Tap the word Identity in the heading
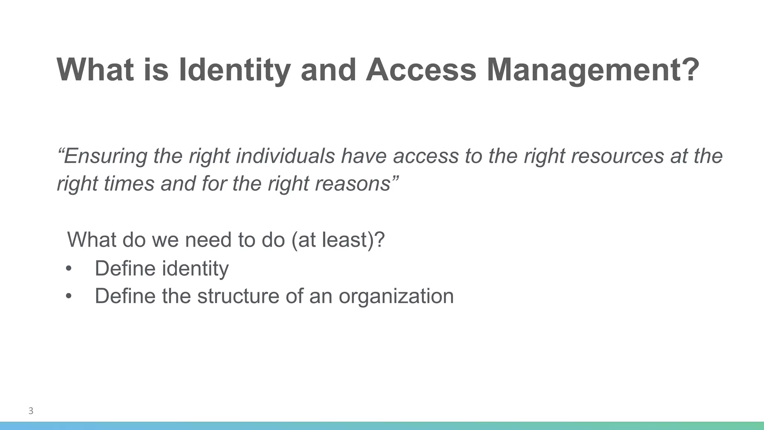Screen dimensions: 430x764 [x=235, y=70]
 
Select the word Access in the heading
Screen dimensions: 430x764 [x=421, y=70]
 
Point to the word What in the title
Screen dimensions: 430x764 [x=95, y=70]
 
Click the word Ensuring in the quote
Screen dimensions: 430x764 [x=105, y=156]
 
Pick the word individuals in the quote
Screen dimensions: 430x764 [x=285, y=156]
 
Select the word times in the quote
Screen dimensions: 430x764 [x=129, y=184]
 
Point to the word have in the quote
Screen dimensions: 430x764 [x=364, y=156]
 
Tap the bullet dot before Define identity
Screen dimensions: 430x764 [x=68, y=269]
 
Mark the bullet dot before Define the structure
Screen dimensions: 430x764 [x=68, y=296]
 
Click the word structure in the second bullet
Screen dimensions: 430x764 [x=238, y=296]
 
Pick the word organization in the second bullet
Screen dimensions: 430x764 [x=396, y=296]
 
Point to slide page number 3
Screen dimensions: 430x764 [x=31, y=411]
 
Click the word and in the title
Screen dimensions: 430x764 [x=328, y=70]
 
